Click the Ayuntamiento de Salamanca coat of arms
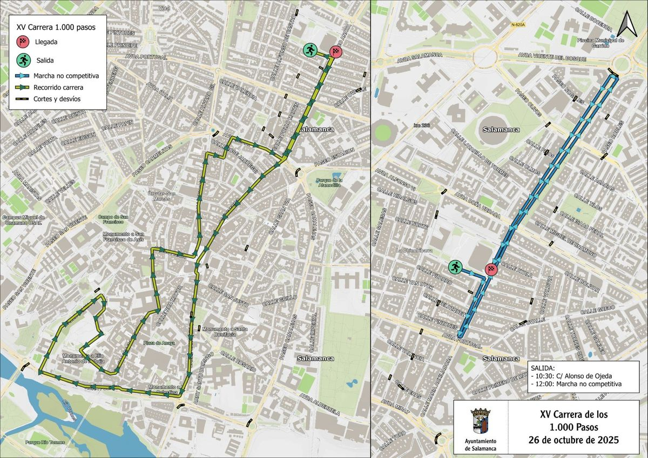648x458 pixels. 480,423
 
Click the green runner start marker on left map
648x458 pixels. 310,51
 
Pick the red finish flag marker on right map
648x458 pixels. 491,269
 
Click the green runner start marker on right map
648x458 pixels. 455,266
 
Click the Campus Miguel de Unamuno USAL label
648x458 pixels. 23,220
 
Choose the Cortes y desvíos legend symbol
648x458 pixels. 22,98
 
